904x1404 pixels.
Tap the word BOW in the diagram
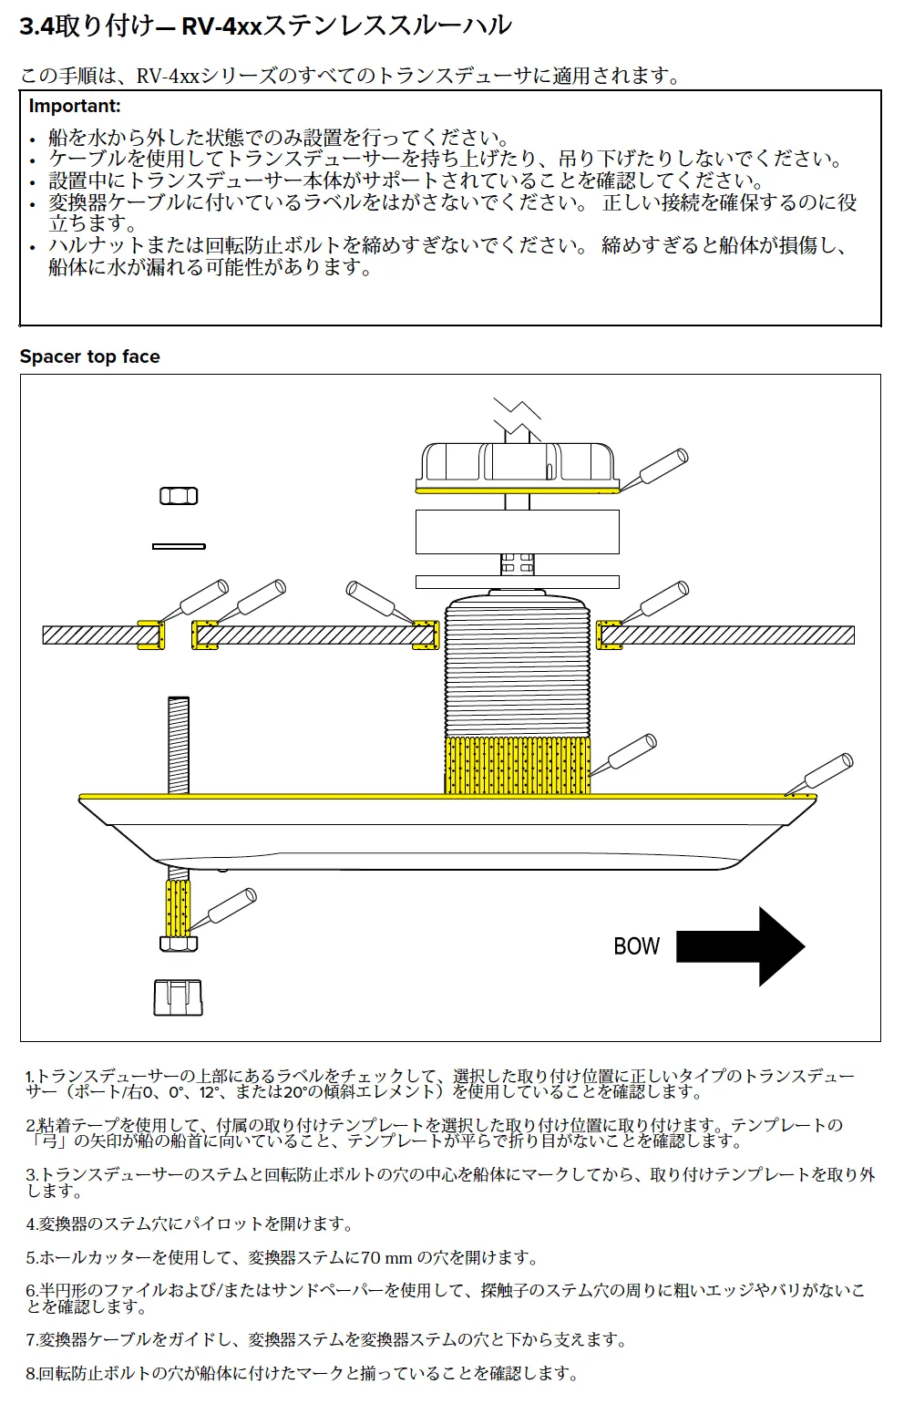click(x=636, y=946)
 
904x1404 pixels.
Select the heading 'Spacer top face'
click(x=89, y=356)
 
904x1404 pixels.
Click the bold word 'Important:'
click(x=75, y=106)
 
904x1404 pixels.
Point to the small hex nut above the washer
click(x=179, y=496)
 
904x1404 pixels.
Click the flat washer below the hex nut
click(x=179, y=546)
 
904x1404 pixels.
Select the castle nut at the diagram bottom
click(x=178, y=996)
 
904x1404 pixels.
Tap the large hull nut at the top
click(x=518, y=467)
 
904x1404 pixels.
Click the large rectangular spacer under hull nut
click(x=518, y=532)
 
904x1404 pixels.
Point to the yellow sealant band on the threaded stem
click(x=517, y=765)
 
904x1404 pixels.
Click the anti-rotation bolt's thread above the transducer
click(x=179, y=744)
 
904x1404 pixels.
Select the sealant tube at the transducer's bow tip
click(x=823, y=774)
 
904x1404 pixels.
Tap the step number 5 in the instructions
click(x=30, y=1258)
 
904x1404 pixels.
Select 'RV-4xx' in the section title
click(x=221, y=26)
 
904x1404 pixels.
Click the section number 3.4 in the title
click(x=36, y=26)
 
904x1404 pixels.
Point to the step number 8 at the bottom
click(x=30, y=1373)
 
